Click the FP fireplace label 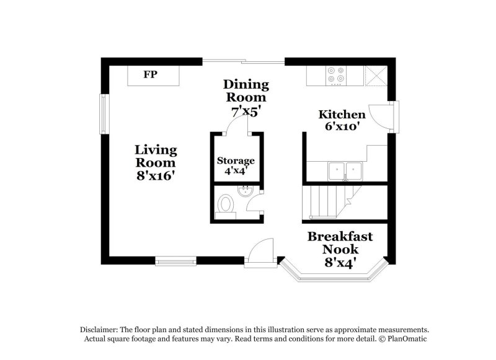150,75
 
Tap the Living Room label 156,156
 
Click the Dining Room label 246,90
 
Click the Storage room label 236,161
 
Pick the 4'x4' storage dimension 236,171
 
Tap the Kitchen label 342,115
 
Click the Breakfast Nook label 340,242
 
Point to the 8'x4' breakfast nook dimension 340,263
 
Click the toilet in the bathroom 226,204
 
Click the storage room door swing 238,124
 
